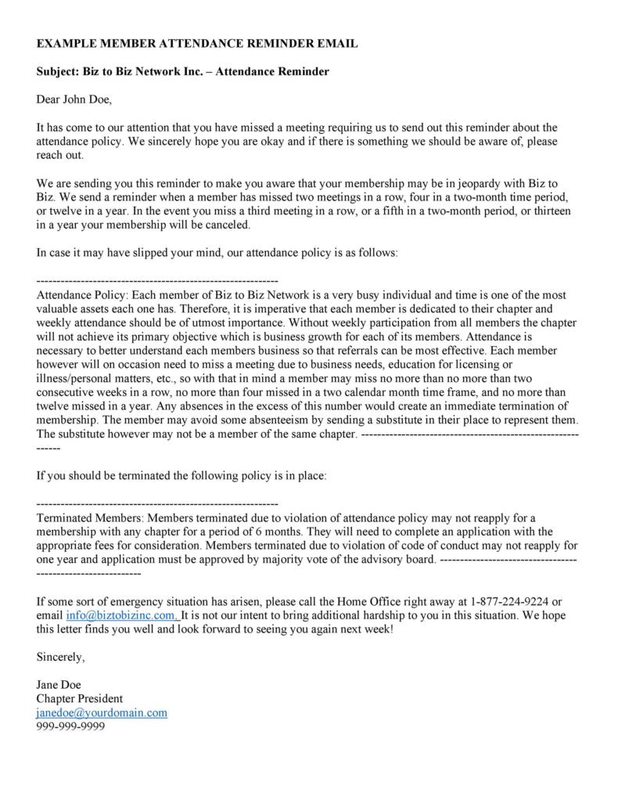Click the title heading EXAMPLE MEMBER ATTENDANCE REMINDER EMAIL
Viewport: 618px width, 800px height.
coord(197,44)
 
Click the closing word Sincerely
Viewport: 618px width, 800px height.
coord(61,657)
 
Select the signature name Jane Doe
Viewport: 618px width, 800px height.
coord(59,685)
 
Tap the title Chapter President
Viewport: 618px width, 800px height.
coord(80,699)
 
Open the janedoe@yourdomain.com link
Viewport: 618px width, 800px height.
coord(102,713)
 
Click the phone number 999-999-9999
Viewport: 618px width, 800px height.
coord(71,727)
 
